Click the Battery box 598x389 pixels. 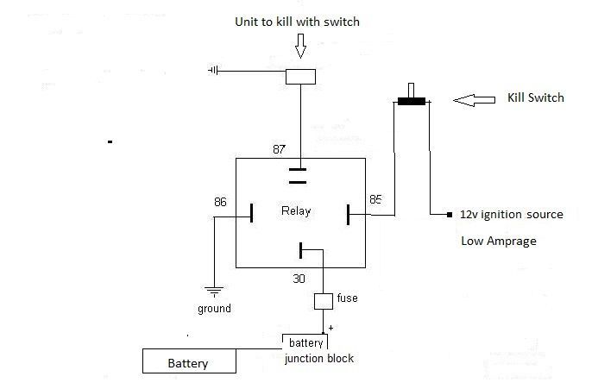tap(189, 361)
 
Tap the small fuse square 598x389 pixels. tap(323, 302)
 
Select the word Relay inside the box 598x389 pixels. tap(295, 210)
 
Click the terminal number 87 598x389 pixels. tap(279, 149)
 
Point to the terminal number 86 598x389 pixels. tap(221, 202)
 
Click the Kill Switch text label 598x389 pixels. tap(535, 98)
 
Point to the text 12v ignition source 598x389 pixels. tap(511, 214)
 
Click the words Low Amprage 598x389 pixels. tap(499, 241)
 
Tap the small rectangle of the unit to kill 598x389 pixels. tap(299, 76)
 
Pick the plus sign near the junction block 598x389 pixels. tap(330, 329)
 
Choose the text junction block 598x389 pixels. tap(318, 358)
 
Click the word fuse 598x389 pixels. tap(348, 298)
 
